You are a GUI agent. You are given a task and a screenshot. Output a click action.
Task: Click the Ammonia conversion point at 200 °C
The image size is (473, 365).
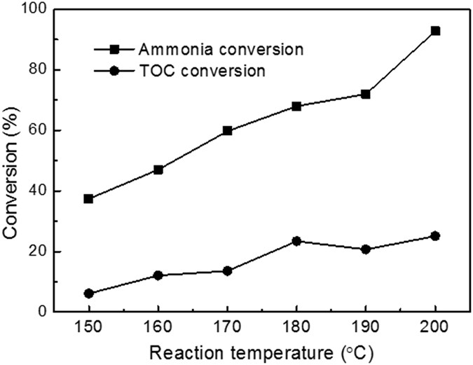click(435, 31)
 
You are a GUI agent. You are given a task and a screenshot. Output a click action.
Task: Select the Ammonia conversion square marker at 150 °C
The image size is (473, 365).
click(88, 199)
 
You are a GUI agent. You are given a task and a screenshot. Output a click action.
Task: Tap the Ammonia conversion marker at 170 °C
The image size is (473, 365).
click(227, 130)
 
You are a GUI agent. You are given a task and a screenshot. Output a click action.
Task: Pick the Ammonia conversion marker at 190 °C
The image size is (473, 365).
click(366, 94)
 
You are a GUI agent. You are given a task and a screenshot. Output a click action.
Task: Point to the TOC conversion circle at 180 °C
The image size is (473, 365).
click(296, 241)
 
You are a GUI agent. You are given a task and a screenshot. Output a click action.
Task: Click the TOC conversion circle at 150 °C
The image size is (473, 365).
click(88, 294)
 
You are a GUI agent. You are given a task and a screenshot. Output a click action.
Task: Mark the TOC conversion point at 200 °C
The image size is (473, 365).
click(435, 236)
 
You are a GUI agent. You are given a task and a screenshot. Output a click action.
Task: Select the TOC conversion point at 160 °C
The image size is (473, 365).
click(158, 275)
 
